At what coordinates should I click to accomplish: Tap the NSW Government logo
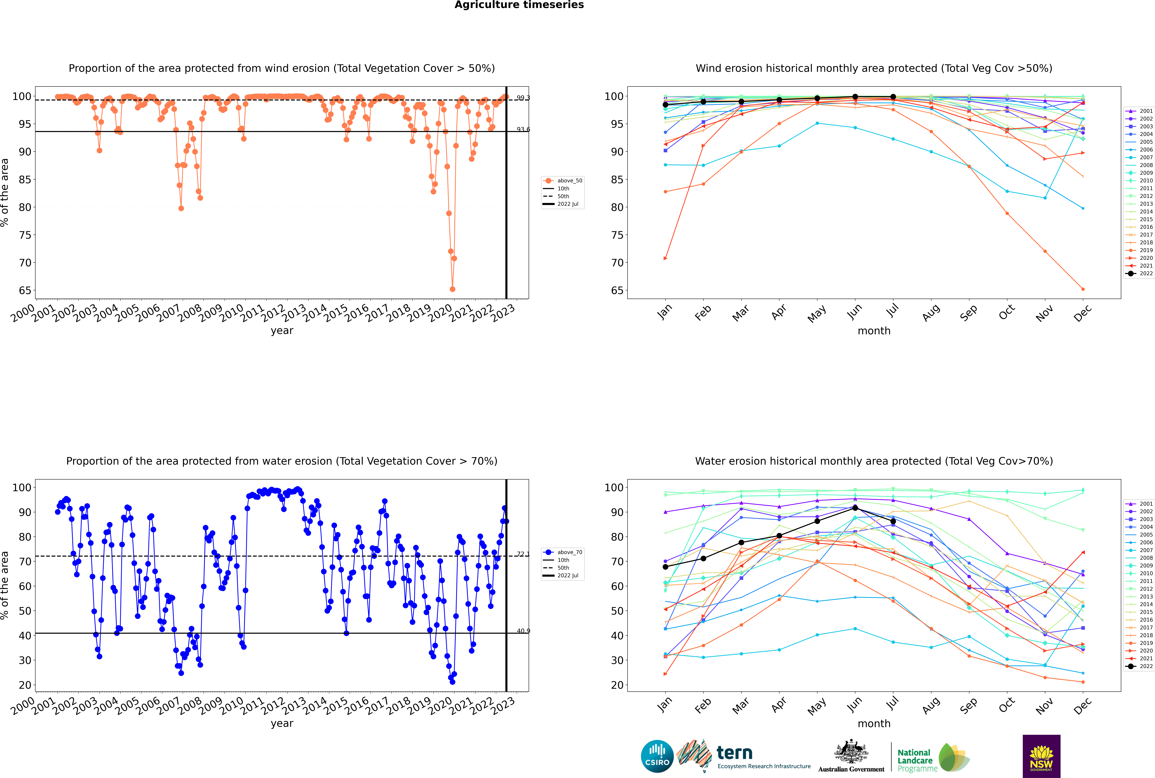(x=1041, y=756)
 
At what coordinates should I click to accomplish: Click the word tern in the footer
(x=734, y=753)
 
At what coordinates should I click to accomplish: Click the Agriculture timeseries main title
(x=519, y=5)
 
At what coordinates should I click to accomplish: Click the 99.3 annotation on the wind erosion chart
(x=523, y=98)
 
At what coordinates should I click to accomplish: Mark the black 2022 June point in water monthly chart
(x=855, y=508)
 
